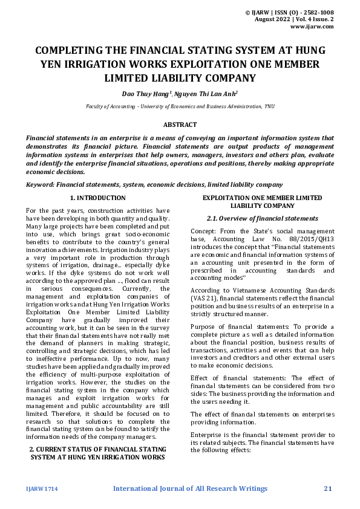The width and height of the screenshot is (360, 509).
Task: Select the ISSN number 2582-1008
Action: click(316, 12)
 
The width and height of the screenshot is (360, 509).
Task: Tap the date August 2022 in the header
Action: click(273, 19)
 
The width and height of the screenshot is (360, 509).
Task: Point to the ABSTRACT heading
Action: click(180, 125)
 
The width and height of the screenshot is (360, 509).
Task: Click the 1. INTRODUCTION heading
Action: click(98, 198)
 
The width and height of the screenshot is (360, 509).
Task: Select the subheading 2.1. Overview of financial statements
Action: click(262, 218)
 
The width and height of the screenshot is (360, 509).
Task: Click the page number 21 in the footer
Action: click(329, 488)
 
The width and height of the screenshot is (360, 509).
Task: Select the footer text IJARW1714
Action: click(41, 488)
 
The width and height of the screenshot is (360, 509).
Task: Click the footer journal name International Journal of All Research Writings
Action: click(190, 488)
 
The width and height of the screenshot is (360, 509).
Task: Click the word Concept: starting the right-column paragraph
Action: click(205, 231)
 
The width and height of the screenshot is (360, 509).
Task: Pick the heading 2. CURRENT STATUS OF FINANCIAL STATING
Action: click(98, 449)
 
